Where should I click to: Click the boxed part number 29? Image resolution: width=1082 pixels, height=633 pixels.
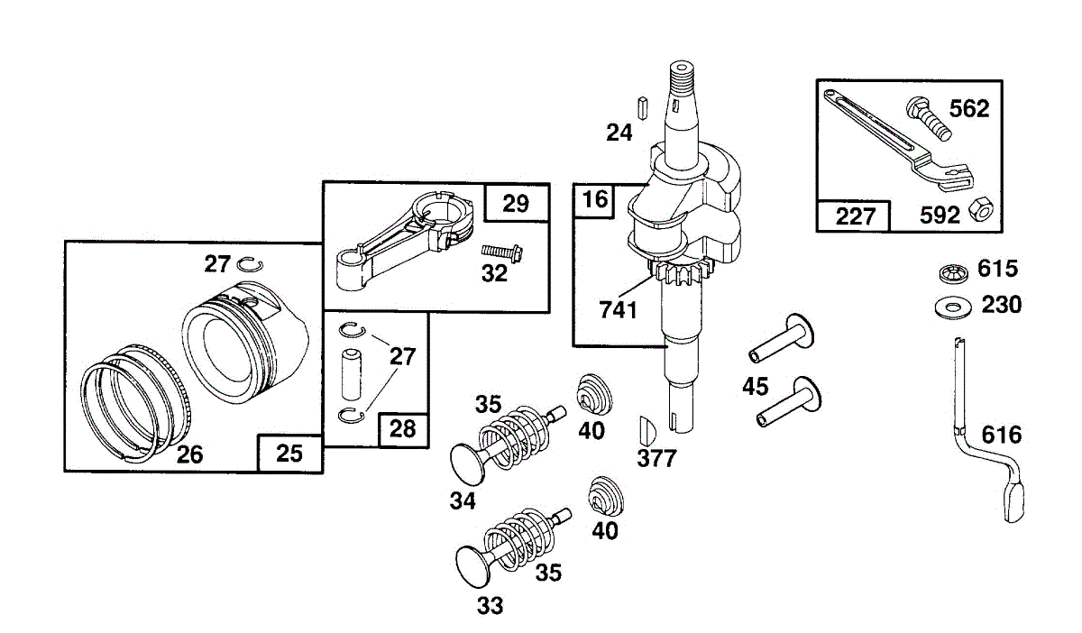516,203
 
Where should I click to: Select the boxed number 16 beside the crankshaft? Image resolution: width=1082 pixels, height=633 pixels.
594,199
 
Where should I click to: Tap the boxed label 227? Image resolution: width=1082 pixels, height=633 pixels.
855,216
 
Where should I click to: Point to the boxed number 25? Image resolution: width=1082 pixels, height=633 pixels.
289,454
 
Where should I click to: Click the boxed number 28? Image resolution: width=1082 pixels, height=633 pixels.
402,428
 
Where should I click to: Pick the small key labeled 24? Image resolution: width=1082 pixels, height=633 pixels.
642,108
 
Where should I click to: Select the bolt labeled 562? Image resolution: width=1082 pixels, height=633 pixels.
929,118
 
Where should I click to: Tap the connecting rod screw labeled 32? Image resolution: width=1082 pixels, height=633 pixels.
502,252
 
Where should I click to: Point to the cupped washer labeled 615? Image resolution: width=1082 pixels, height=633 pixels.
954,273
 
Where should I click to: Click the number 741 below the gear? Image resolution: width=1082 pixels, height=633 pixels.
619,309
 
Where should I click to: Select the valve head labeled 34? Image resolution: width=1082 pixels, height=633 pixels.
468,463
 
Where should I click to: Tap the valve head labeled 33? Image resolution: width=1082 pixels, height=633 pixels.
472,567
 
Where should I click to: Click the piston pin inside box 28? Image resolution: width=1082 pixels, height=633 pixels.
350,375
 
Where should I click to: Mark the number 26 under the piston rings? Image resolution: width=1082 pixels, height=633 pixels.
190,454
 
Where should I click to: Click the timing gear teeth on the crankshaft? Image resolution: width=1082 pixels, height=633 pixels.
681,274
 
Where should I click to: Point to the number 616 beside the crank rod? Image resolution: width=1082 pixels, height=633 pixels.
1002,435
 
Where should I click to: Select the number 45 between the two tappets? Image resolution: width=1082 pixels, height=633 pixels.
755,387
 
